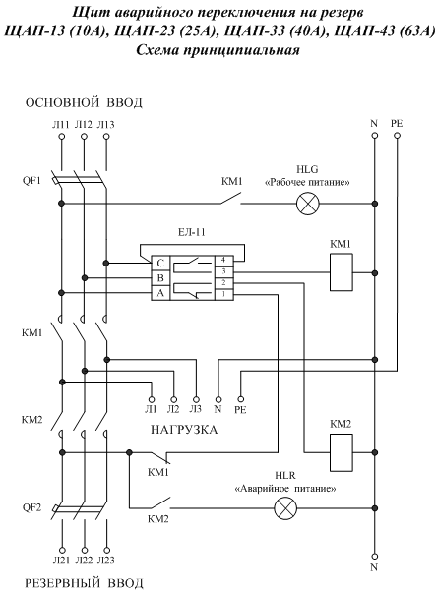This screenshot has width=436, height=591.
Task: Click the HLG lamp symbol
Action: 307,204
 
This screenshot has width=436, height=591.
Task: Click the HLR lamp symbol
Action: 285,508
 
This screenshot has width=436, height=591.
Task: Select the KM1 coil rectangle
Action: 342,272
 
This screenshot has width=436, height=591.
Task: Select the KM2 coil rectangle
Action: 342,452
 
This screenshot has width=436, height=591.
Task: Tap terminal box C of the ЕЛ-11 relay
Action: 160,264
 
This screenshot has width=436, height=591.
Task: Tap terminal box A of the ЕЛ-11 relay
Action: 160,293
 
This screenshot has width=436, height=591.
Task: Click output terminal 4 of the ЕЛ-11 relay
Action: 224,261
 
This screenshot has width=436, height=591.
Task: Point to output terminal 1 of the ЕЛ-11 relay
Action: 224,295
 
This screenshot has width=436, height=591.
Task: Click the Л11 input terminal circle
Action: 62,136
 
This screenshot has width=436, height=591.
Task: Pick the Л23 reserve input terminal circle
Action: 106,551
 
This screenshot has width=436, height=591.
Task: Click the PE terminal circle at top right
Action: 397,136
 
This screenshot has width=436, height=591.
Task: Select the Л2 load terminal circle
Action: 173,399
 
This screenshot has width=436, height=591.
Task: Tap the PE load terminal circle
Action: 240,399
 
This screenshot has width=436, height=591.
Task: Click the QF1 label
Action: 31,180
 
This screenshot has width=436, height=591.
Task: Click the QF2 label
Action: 31,507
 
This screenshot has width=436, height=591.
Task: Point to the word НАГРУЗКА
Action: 184,430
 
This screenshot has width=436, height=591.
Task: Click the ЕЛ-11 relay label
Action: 192,232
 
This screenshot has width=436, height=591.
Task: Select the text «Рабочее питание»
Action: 307,183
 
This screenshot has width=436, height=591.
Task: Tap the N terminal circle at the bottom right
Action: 375,556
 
